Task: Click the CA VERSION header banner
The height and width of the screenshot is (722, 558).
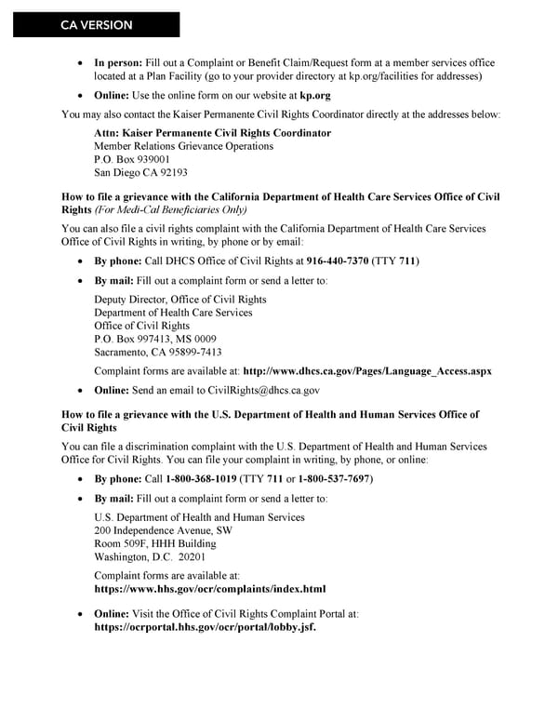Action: click(x=97, y=25)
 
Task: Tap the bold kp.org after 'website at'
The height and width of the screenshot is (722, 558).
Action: click(x=315, y=95)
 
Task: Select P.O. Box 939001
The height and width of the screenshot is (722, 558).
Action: click(x=131, y=159)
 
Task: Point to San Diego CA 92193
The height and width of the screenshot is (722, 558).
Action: click(x=140, y=172)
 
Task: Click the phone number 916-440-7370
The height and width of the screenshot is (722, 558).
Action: click(x=337, y=261)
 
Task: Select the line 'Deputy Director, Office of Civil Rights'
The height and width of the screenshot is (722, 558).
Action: click(x=180, y=300)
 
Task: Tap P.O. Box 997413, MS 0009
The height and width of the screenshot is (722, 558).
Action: click(x=155, y=339)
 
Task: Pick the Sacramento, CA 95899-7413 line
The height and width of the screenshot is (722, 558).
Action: click(x=158, y=352)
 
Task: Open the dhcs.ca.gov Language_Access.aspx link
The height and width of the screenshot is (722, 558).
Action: click(x=366, y=371)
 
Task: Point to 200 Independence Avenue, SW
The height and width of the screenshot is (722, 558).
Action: click(x=164, y=530)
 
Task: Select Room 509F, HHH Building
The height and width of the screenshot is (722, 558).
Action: click(x=155, y=543)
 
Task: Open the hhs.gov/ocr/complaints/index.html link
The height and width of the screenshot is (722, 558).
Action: click(x=210, y=589)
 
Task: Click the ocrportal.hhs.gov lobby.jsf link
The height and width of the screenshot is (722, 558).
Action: click(x=206, y=627)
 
